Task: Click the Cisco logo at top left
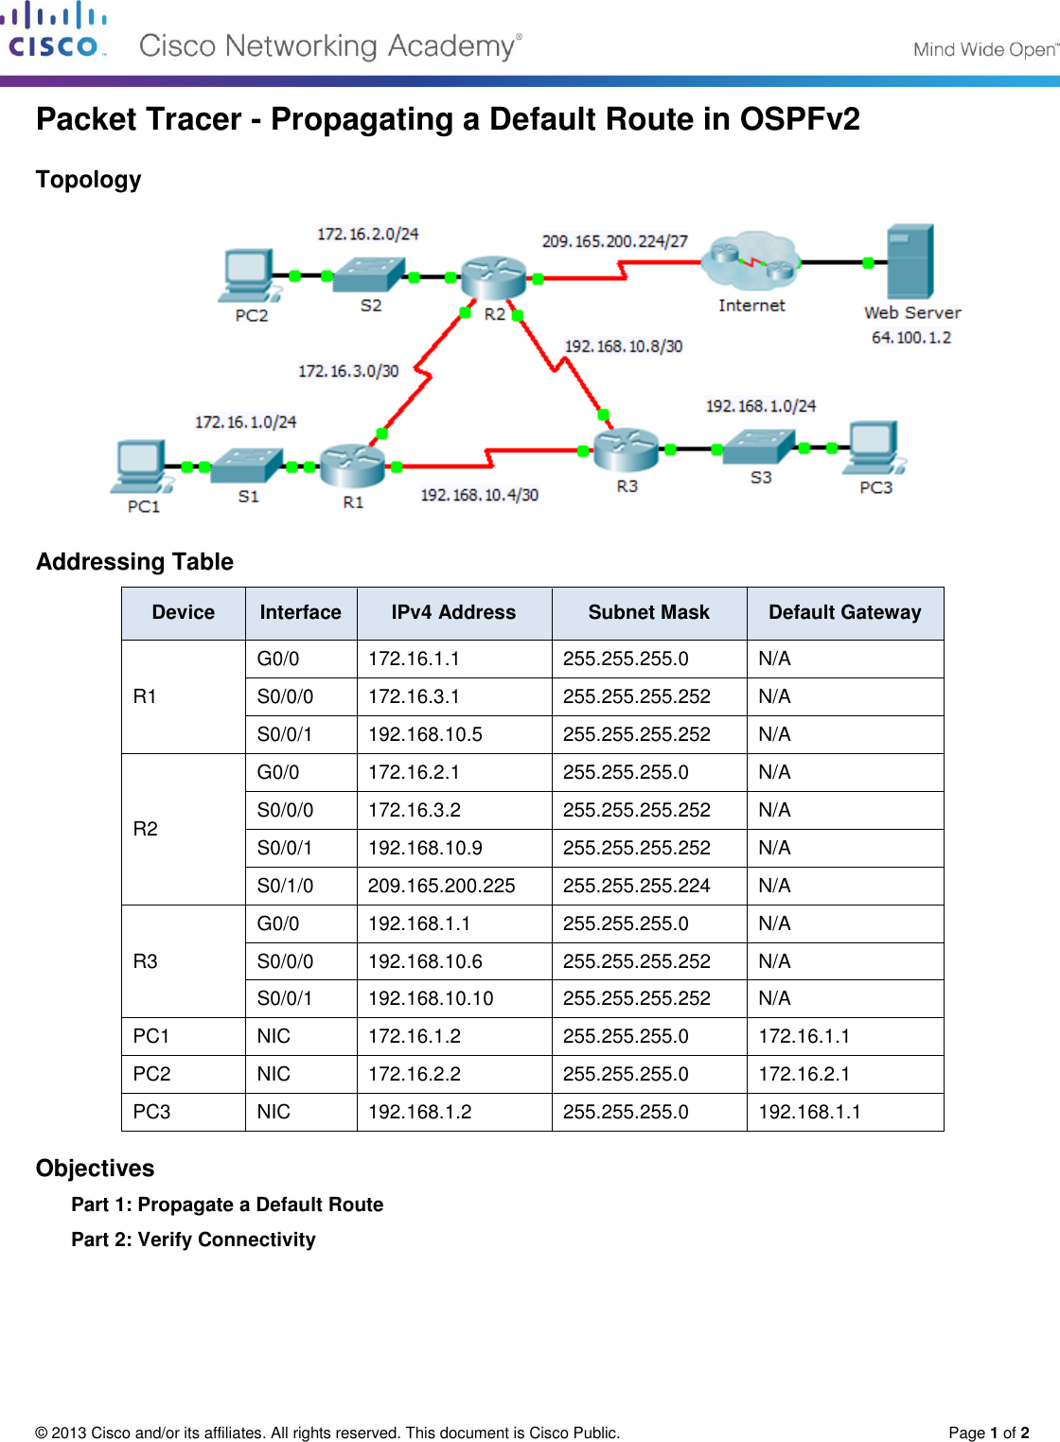click(54, 31)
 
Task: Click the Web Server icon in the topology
click(910, 262)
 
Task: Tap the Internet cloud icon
click(751, 260)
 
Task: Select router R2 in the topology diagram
click(493, 277)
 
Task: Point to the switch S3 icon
click(758, 446)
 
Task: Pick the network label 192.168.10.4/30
click(479, 495)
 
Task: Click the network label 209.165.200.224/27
click(614, 241)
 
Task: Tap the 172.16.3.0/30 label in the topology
click(348, 371)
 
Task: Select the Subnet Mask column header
click(648, 613)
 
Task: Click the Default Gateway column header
click(844, 613)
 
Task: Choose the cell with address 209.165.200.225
click(442, 886)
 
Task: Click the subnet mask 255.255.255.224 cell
click(636, 886)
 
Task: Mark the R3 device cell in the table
click(146, 961)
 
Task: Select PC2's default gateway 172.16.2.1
click(804, 1074)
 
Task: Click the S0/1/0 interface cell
click(285, 886)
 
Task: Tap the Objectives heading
click(95, 1169)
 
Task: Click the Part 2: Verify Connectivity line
click(193, 1240)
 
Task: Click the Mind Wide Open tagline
click(984, 49)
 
